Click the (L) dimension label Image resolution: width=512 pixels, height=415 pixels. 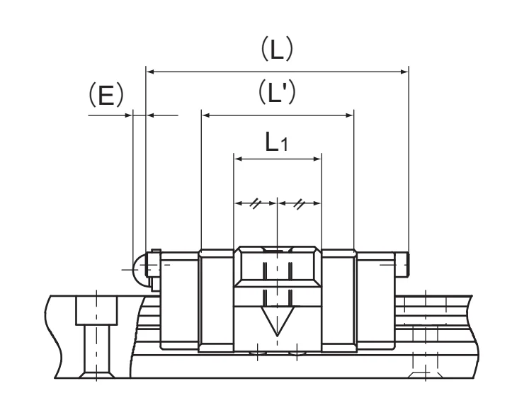click(x=277, y=49)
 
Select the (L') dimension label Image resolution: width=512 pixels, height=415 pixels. click(x=277, y=92)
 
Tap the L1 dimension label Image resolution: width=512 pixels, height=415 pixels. click(x=277, y=142)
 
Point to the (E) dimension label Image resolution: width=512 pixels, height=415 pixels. click(x=106, y=95)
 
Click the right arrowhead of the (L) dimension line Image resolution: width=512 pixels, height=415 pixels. click(x=404, y=72)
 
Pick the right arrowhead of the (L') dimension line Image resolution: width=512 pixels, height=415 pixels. click(x=349, y=115)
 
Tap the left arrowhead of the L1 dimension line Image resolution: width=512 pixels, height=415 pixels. click(x=239, y=159)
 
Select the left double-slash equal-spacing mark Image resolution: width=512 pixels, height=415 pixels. click(x=255, y=204)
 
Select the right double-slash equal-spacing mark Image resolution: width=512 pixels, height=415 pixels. click(x=299, y=204)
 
